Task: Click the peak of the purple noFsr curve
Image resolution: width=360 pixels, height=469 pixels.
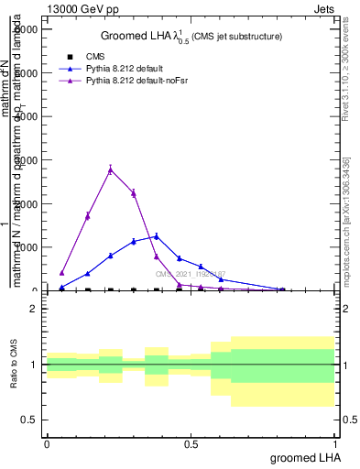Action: [x=110, y=169]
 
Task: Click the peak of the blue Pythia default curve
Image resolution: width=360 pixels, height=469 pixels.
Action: [x=157, y=236]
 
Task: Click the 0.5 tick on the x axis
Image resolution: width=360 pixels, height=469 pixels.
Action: [x=191, y=443]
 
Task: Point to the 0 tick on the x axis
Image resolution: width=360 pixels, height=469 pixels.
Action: [x=47, y=443]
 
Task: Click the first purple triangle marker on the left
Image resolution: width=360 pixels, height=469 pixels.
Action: [x=61, y=272]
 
